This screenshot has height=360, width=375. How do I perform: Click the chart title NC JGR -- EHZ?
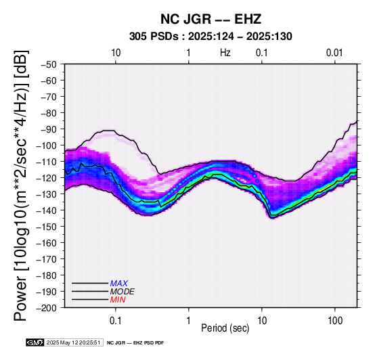(x=211, y=19)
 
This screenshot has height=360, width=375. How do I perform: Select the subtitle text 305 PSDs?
(x=154, y=37)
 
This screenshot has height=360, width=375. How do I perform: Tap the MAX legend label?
(x=119, y=284)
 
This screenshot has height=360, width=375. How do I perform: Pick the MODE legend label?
(x=123, y=292)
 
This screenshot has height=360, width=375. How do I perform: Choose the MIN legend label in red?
(x=118, y=300)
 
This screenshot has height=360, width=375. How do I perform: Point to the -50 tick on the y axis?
(x=49, y=64)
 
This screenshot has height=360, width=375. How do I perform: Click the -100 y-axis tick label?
(x=47, y=145)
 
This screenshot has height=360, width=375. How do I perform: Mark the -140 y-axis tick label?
(x=47, y=210)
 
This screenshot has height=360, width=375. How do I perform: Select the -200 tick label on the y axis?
(x=47, y=308)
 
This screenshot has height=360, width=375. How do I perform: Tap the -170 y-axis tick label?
(x=47, y=259)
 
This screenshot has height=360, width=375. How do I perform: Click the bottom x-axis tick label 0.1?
(x=116, y=321)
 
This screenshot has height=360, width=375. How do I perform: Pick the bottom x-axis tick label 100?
(x=335, y=321)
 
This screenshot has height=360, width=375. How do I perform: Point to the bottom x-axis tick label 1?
(x=188, y=321)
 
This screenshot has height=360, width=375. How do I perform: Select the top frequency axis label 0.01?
(x=334, y=53)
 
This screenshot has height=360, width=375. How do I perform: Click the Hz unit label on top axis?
(x=225, y=53)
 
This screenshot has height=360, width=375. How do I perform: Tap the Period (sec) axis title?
(x=225, y=328)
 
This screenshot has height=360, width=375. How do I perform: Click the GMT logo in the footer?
(x=35, y=343)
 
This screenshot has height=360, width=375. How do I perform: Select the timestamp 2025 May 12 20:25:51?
(x=73, y=343)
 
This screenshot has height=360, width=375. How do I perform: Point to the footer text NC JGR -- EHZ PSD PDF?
(x=135, y=343)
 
